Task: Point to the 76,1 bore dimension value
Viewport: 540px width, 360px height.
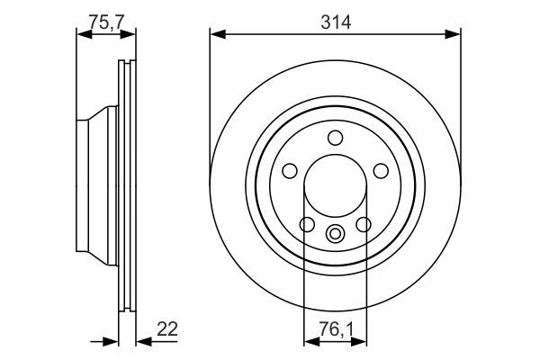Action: [x=335, y=331]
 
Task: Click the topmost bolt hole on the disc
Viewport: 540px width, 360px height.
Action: [x=335, y=138]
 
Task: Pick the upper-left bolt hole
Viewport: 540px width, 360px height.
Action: [x=291, y=170]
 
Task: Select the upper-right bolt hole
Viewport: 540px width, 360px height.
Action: [x=379, y=170]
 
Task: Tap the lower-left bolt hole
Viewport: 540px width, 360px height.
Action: [x=307, y=224]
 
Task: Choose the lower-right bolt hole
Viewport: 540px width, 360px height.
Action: [x=364, y=224]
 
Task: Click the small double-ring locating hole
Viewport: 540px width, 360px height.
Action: [x=335, y=235]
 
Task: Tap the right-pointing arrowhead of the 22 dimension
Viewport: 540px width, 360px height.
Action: [x=113, y=341]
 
